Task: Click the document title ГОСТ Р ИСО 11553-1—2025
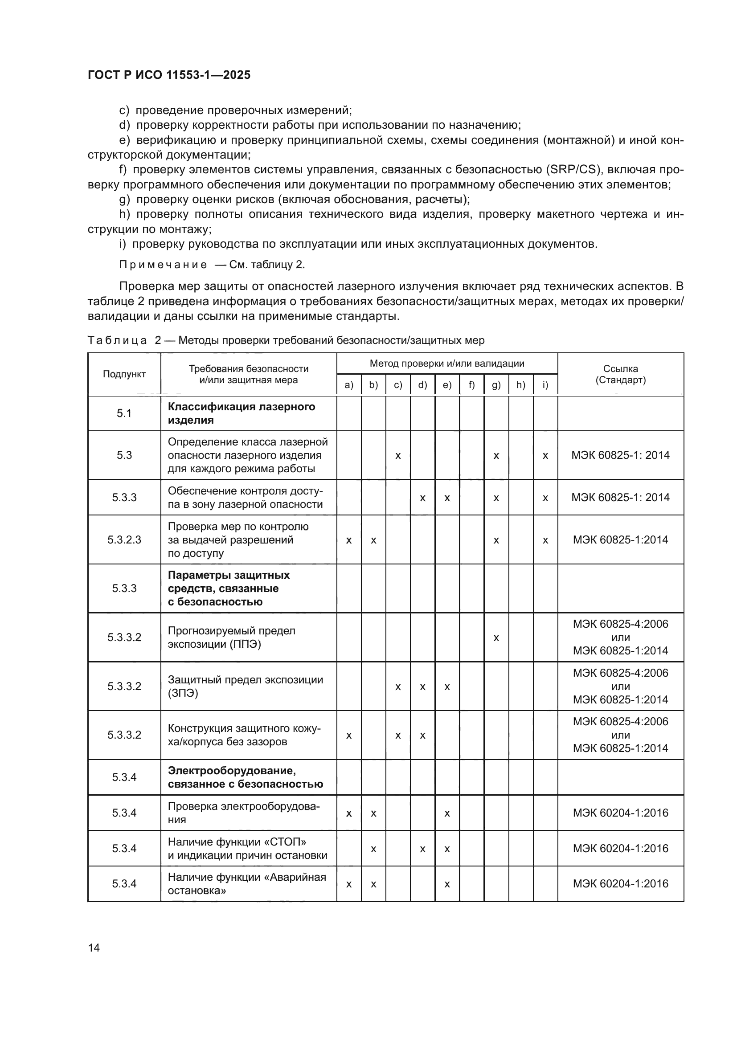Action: point(169,75)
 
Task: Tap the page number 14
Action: point(94,948)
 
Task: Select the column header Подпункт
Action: point(124,374)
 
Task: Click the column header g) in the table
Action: point(496,385)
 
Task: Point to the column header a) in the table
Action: point(348,385)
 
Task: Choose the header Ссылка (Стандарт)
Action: point(620,374)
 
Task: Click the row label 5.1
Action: point(124,413)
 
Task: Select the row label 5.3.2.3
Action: point(124,539)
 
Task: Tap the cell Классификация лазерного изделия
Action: point(242,413)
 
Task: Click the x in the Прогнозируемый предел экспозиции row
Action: point(496,637)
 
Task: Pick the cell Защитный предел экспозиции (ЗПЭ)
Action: point(245,686)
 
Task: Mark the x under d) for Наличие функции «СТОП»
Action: point(422,849)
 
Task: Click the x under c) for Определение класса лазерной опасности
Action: point(398,455)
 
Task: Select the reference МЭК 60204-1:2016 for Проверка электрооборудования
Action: point(620,813)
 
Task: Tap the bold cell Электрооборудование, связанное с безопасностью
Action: point(245,777)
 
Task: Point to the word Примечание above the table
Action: point(163,265)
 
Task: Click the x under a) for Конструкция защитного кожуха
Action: point(348,735)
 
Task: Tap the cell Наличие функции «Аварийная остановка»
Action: point(247,883)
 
